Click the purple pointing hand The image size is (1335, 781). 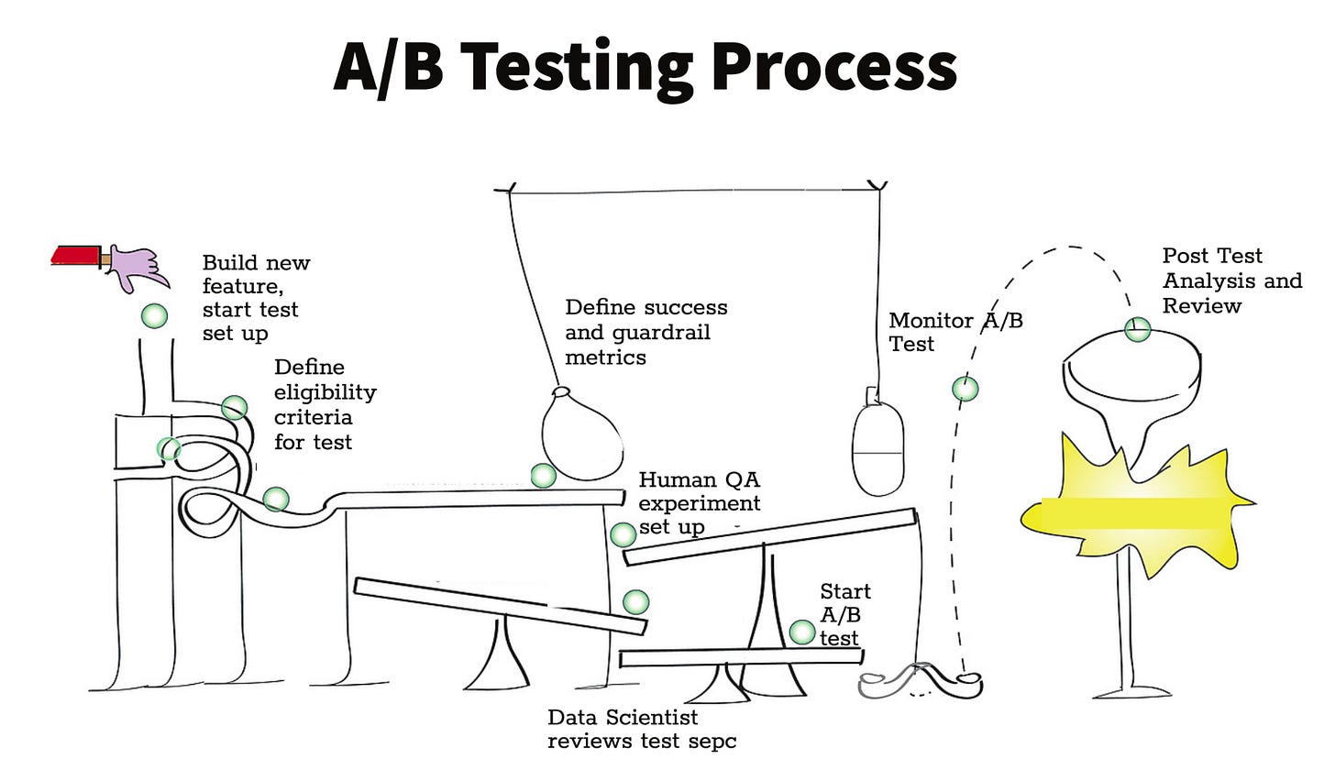click(x=138, y=267)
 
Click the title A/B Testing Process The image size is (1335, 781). click(x=645, y=67)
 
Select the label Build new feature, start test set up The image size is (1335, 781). click(x=255, y=298)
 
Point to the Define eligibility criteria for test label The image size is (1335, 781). click(x=325, y=404)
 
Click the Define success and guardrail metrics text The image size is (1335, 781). click(x=645, y=332)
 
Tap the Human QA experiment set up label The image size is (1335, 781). click(x=699, y=503)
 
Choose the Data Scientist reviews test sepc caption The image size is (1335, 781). click(x=641, y=729)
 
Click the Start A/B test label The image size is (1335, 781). click(x=844, y=614)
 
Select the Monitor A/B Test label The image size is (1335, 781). click(x=954, y=332)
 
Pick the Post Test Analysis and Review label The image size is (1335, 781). click(x=1231, y=280)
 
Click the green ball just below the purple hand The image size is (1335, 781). click(x=154, y=316)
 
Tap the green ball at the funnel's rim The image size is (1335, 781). click(x=1137, y=329)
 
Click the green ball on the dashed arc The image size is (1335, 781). click(x=965, y=389)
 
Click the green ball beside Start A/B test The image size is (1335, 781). click(x=802, y=632)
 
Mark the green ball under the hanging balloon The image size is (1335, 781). click(x=543, y=475)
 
